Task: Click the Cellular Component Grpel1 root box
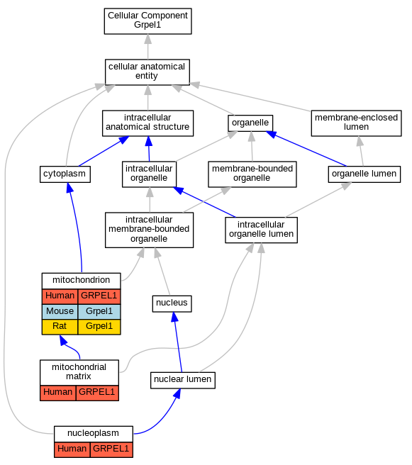pyautogui.click(x=147, y=21)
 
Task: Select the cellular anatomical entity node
pyautogui.click(x=147, y=72)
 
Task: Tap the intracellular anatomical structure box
pyautogui.click(x=147, y=123)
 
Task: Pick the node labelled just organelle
pyautogui.click(x=250, y=123)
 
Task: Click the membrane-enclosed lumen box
pyautogui.click(x=356, y=123)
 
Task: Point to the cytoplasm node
pyautogui.click(x=65, y=174)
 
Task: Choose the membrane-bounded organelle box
pyautogui.click(x=252, y=174)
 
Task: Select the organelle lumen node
pyautogui.click(x=364, y=174)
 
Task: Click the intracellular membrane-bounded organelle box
pyautogui.click(x=149, y=230)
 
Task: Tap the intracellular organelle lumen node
pyautogui.click(x=261, y=230)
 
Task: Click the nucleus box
pyautogui.click(x=172, y=303)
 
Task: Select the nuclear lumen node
pyautogui.click(x=183, y=380)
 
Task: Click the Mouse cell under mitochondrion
pyautogui.click(x=60, y=311)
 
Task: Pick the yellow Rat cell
pyautogui.click(x=60, y=327)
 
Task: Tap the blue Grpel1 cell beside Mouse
pyautogui.click(x=99, y=311)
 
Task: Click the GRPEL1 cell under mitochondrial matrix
pyautogui.click(x=97, y=393)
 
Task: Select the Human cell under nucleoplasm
pyautogui.click(x=72, y=449)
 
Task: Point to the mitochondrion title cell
pyautogui.click(x=82, y=281)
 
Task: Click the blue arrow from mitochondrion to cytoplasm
pyautogui.click(x=77, y=227)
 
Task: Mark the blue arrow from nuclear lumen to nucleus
pyautogui.click(x=178, y=342)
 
